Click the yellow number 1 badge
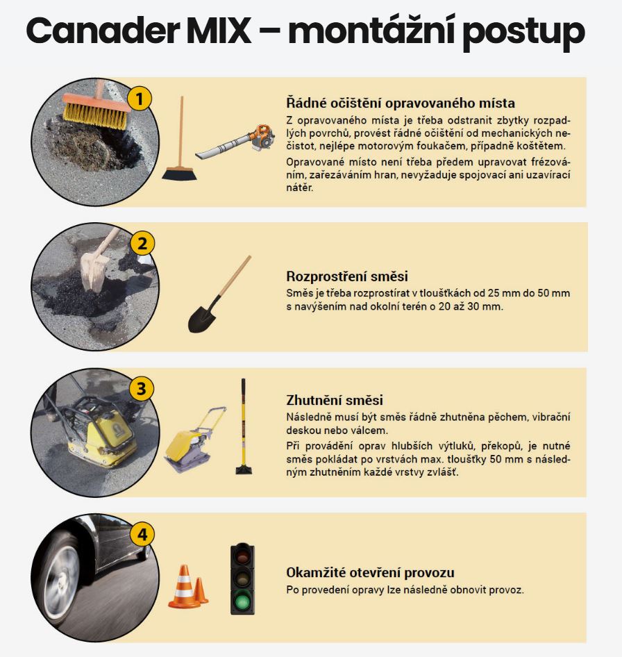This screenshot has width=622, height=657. click(140, 99)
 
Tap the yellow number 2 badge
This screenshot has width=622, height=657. click(142, 244)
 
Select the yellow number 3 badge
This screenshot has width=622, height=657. click(142, 388)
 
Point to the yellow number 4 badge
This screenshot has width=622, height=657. click(142, 534)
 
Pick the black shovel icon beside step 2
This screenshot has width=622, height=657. click(219, 294)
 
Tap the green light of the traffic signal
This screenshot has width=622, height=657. click(242, 602)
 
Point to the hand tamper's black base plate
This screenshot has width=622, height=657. click(244, 469)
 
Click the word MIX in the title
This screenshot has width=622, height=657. click(219, 31)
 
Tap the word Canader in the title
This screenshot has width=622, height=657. click(103, 31)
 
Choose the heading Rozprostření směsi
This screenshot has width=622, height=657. click(347, 276)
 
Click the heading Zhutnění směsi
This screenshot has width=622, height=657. click(334, 400)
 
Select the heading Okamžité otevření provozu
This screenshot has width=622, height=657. click(370, 572)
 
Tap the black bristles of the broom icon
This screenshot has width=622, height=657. click(179, 174)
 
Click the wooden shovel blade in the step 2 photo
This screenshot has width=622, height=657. click(94, 270)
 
